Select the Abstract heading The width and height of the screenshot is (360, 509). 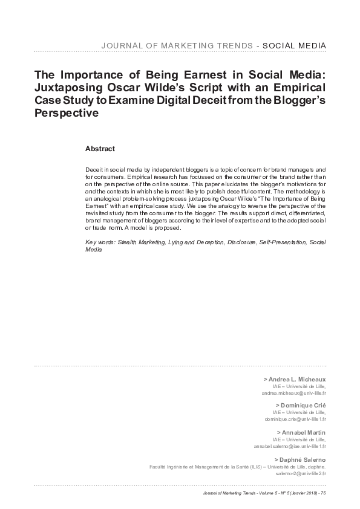coord(100,148)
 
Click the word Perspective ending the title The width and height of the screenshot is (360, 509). coord(66,113)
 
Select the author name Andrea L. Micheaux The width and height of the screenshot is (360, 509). coord(296,378)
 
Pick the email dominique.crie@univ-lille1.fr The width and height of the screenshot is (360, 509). coord(296,419)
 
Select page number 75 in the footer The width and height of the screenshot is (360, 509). coord(324,494)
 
